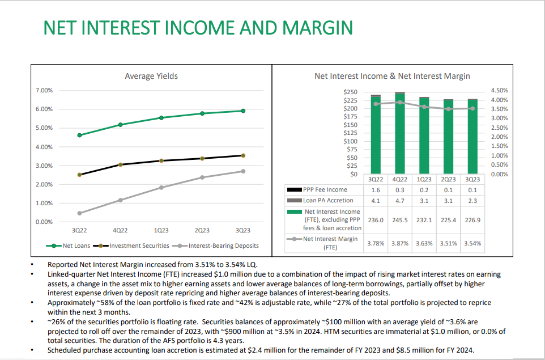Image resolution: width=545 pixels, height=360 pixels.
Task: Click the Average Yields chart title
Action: coord(151,76)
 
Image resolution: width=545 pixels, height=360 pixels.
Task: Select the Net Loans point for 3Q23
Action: coord(243,111)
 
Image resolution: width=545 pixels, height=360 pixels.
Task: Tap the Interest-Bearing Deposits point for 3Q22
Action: coord(79,213)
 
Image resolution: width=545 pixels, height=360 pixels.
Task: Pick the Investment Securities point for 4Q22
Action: coord(121,164)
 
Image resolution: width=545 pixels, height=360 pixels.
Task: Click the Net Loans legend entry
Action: coord(68,245)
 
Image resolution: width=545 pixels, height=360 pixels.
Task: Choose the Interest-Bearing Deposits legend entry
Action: coord(218,245)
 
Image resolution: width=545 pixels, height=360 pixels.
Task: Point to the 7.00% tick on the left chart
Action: coord(44,91)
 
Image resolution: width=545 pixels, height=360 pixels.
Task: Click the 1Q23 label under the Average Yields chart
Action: coord(161,230)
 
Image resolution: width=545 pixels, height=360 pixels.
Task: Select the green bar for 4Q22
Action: coord(400,134)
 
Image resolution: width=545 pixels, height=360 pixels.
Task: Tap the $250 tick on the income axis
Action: coord(350,92)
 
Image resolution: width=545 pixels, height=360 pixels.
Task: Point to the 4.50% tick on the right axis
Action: coord(499,91)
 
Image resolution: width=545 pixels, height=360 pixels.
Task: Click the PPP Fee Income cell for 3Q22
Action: coord(376,190)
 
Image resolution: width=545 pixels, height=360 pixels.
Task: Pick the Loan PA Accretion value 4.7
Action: coord(400,201)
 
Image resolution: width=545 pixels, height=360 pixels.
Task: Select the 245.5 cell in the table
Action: coord(400,220)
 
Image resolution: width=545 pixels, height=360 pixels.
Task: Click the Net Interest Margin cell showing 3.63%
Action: coord(424,243)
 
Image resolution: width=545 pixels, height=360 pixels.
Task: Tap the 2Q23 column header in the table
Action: coord(448,180)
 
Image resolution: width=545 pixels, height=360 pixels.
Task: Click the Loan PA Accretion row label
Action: coord(328,200)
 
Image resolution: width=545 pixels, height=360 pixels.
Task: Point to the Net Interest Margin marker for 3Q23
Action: coord(472,108)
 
